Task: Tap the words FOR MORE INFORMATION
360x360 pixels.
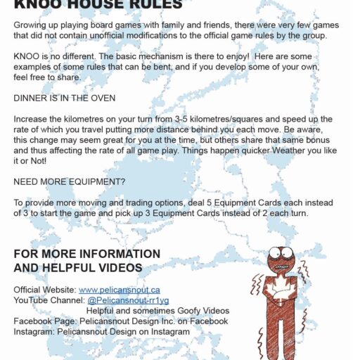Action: pos(86,254)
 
